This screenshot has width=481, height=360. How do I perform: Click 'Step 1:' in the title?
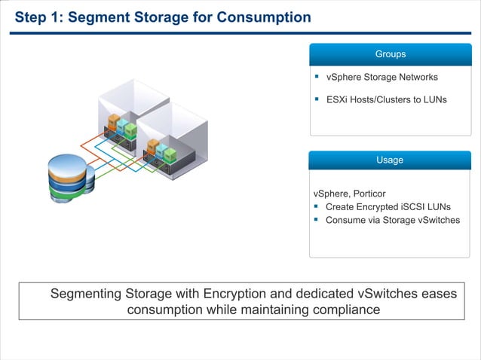[x=38, y=17]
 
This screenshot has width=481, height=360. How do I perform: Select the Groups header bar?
[x=390, y=54]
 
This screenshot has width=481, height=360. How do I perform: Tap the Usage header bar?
[x=390, y=160]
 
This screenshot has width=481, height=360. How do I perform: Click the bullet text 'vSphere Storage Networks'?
[x=381, y=77]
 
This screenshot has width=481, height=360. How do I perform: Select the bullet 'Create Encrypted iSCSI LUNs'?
[x=388, y=207]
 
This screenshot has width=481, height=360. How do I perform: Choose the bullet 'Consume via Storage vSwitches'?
[x=392, y=220]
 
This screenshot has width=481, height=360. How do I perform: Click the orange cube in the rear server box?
[x=113, y=121]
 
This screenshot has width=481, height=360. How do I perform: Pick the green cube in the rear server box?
[x=131, y=129]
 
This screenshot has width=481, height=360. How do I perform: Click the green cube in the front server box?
[x=170, y=155]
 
